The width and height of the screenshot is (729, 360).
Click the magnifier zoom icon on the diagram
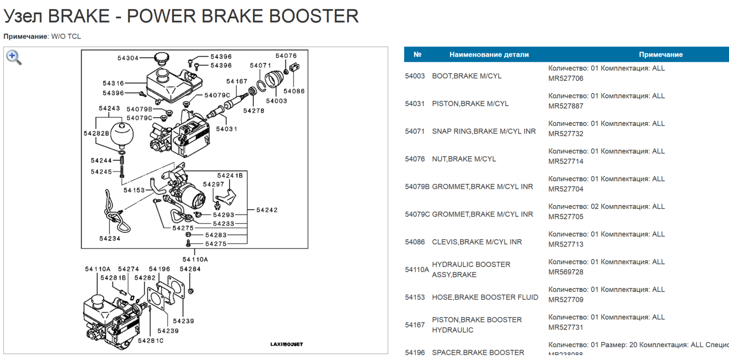pyautogui.click(x=14, y=57)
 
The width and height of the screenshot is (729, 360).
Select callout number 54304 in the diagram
pyautogui.click(x=128, y=58)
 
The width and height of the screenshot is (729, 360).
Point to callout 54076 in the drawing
pyautogui.click(x=286, y=56)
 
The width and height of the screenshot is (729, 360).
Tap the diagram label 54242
pyautogui.click(x=267, y=210)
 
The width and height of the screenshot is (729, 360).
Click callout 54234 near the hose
pyautogui.click(x=110, y=238)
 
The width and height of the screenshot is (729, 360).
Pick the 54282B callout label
pyautogui.click(x=96, y=133)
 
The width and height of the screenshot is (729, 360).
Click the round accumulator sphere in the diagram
pyautogui.click(x=122, y=134)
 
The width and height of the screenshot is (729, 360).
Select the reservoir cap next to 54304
pyautogui.click(x=162, y=58)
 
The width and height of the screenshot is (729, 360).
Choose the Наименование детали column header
pyautogui.click(x=489, y=55)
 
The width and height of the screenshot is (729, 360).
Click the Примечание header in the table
pyautogui.click(x=660, y=55)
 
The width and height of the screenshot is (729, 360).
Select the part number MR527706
pyautogui.click(x=566, y=78)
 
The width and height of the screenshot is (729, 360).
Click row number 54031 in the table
pyautogui.click(x=415, y=104)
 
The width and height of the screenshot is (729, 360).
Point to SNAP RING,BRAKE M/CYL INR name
pyautogui.click(x=484, y=131)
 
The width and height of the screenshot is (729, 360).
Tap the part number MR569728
pyautogui.click(x=566, y=272)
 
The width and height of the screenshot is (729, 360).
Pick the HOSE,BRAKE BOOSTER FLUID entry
pyautogui.click(x=485, y=297)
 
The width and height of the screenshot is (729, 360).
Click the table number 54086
pyautogui.click(x=415, y=242)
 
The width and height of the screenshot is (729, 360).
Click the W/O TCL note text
pyautogui.click(x=66, y=37)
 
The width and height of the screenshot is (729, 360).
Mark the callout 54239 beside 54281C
pyautogui.click(x=168, y=331)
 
